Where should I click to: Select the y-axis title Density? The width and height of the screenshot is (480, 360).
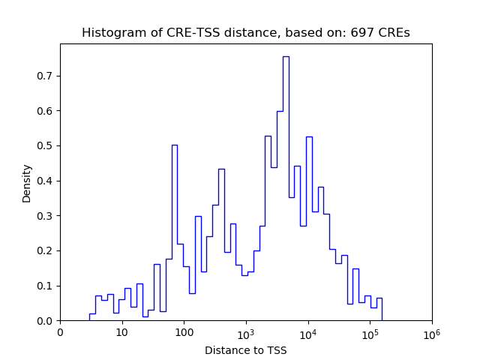coord(27,183)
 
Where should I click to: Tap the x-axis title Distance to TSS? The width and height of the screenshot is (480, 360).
coord(246,350)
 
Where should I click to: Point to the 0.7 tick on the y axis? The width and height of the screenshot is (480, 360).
coord(46,76)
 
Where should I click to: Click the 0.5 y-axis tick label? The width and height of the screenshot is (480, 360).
coord(46,145)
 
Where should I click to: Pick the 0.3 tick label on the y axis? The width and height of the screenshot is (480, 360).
coord(46,216)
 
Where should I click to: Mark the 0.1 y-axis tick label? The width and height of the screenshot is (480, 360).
coord(46,286)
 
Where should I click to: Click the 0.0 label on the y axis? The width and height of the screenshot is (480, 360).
coord(46,321)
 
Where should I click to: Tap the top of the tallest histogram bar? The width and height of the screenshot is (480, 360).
coord(286,57)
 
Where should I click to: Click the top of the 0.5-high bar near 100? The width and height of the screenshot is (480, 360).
coord(175,145)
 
